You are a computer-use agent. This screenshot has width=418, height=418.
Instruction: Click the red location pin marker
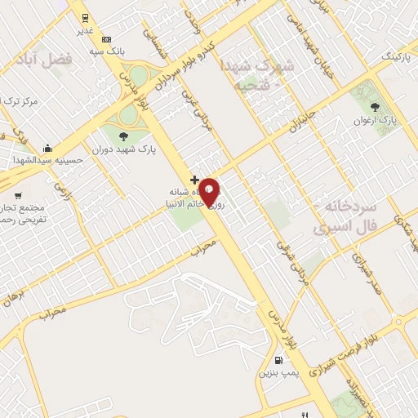coord(209,190)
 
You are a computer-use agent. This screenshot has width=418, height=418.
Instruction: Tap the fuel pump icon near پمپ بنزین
coord(279,360)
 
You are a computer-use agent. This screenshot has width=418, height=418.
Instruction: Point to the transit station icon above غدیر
coord(84,17)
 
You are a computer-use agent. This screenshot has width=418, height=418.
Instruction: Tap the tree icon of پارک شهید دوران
coord(124,136)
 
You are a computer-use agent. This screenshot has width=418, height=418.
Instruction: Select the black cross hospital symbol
coord(193,179)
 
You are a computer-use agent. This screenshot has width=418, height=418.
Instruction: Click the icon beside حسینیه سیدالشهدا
coord(48,149)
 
